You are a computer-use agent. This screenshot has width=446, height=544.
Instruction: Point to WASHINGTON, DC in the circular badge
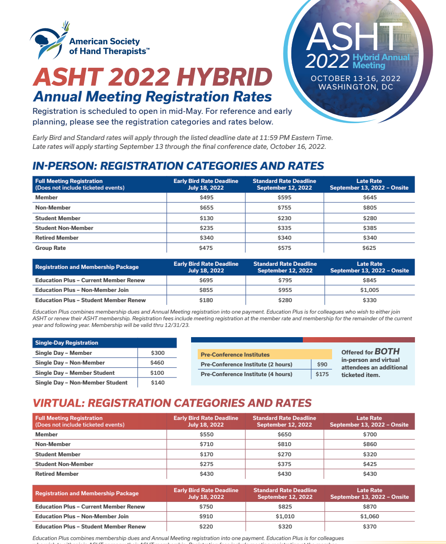point(356,87)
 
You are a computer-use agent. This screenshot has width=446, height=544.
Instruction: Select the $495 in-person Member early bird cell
point(206,198)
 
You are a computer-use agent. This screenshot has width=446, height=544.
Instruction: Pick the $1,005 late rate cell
point(369,290)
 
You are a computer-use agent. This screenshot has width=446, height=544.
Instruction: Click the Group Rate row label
point(51,248)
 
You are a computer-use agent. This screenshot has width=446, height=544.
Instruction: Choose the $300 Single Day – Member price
point(157,353)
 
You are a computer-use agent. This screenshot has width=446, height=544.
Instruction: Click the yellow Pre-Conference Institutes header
point(235,354)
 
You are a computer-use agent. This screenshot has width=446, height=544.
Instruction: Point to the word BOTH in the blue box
point(387,352)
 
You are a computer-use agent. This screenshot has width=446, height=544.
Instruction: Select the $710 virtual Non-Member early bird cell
point(206,444)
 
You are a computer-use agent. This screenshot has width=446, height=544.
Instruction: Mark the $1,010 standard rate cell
point(284,517)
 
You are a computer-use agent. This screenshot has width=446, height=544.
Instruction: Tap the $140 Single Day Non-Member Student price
point(157,383)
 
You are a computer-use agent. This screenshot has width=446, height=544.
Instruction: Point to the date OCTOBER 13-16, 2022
point(356,78)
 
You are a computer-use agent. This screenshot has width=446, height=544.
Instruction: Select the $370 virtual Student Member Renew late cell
point(369,527)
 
